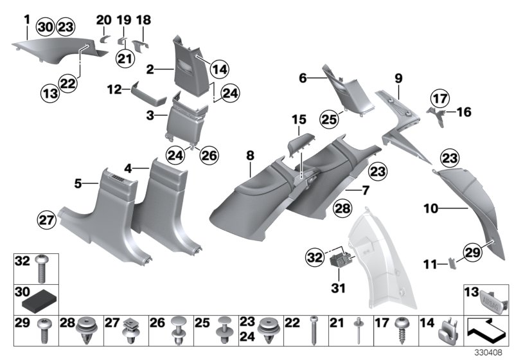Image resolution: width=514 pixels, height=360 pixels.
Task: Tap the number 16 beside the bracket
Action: pos(463,111)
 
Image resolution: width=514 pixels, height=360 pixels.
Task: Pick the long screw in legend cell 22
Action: pos(315,332)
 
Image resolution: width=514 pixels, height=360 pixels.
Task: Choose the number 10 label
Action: pos(430,209)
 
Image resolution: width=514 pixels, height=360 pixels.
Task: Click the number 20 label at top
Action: pos(103,19)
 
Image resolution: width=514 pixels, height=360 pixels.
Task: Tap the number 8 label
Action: pos(249,155)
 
